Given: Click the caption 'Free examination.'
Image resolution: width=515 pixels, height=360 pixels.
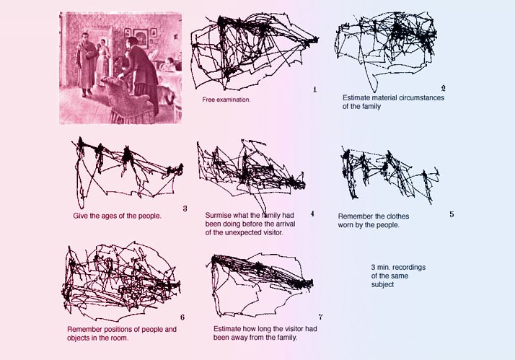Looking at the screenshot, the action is (x=226, y=100).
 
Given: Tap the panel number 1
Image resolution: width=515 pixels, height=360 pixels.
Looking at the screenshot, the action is (x=315, y=89).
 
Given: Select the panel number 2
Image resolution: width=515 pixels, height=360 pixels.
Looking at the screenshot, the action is (x=443, y=88).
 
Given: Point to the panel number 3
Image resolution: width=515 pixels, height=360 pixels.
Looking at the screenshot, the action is (x=185, y=208).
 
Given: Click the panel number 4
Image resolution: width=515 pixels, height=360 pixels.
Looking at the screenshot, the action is (x=312, y=214).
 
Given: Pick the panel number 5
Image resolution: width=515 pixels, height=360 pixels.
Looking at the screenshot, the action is (x=452, y=214).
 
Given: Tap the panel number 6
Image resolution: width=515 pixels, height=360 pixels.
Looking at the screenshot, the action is (x=182, y=317).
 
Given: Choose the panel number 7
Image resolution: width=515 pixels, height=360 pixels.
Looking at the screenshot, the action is (x=320, y=317).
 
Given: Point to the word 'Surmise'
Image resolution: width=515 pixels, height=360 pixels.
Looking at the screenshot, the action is (x=217, y=215).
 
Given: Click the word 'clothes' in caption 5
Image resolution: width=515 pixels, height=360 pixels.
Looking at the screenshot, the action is (x=398, y=216).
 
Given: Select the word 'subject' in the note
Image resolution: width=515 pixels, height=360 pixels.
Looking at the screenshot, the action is (x=382, y=284).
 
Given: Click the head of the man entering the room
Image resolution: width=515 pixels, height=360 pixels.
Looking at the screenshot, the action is (x=86, y=37).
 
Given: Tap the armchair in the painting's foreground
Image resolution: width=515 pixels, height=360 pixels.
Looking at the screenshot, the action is (x=128, y=100).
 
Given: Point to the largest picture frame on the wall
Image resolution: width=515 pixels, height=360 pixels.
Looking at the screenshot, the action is (x=141, y=38).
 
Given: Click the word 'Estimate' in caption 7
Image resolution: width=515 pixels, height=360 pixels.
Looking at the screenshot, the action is (x=226, y=329).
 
